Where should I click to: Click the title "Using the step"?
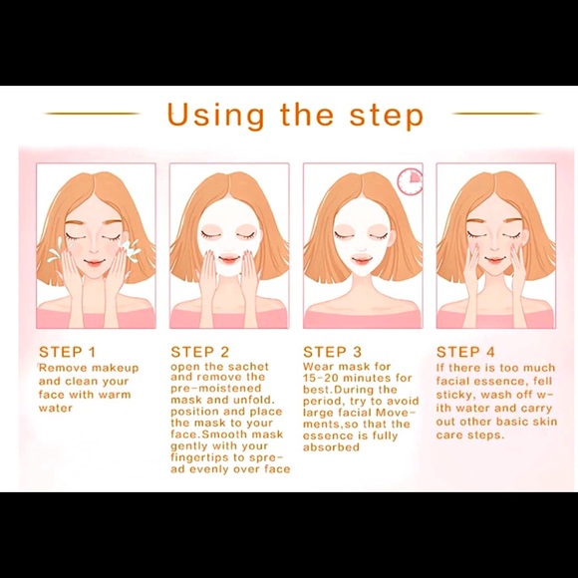(x=294, y=114)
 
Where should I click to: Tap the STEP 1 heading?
(x=68, y=352)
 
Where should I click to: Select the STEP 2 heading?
(x=200, y=352)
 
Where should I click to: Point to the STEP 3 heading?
(x=333, y=352)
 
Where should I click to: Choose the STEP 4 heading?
(x=466, y=352)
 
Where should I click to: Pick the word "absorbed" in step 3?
(x=331, y=447)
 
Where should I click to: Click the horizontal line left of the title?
(x=91, y=114)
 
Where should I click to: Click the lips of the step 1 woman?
(x=94, y=264)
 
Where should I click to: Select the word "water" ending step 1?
(x=56, y=408)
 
